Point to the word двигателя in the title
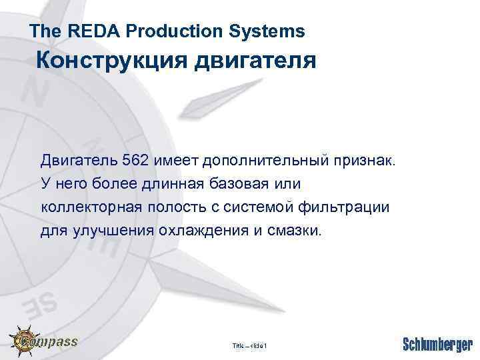(255, 61)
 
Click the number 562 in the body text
(136, 160)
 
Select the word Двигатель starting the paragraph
(79, 160)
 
